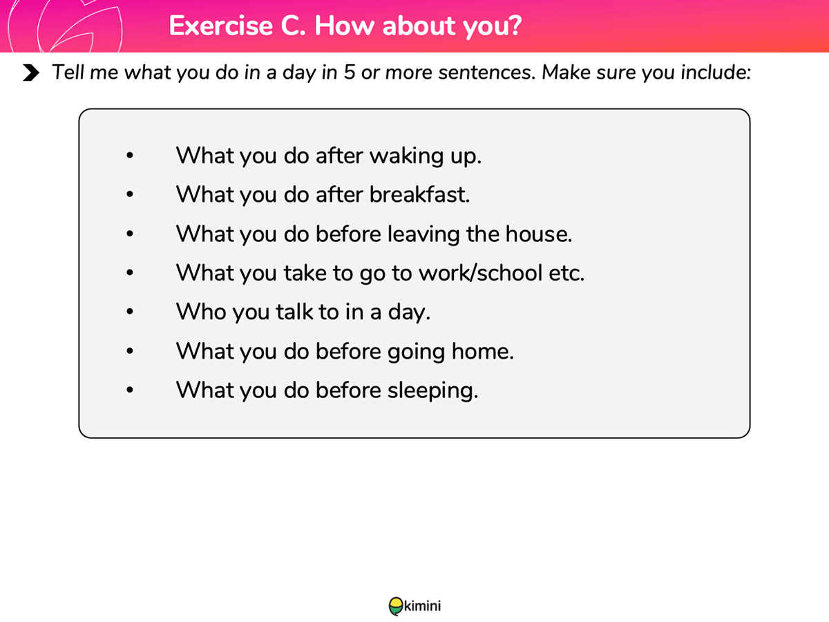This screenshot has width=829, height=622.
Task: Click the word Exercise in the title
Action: pos(220,26)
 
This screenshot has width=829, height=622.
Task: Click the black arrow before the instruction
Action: pos(31,73)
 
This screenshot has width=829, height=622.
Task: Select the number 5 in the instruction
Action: pos(350,72)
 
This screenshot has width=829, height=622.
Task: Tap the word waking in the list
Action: pos(406,156)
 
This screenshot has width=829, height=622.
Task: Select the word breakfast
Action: pos(419,195)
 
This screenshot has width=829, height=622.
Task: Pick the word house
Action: pos(539,234)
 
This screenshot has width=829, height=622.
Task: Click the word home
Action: pos(483,352)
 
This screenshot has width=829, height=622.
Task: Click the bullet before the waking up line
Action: pos(130,155)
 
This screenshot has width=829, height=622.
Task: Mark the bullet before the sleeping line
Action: pos(130,390)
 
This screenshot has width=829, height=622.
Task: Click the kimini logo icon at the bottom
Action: pos(396,606)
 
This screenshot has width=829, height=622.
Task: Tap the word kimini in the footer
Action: pos(422,606)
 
